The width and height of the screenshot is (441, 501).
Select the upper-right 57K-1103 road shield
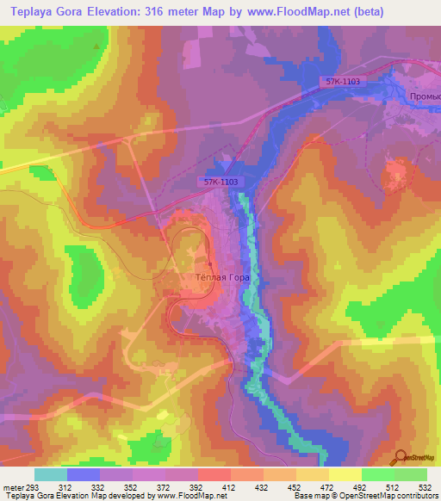coord(343,81)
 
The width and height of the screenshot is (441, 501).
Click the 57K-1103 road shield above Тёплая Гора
coord(220,182)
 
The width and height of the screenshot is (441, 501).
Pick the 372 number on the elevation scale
coord(166,487)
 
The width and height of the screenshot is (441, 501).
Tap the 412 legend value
coord(231,487)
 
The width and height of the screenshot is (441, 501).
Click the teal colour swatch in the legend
coord(51,474)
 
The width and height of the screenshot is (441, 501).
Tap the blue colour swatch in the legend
coord(84,474)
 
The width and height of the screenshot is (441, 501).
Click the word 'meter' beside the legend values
coord(13,487)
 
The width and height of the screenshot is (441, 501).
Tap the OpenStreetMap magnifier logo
coord(402,456)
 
